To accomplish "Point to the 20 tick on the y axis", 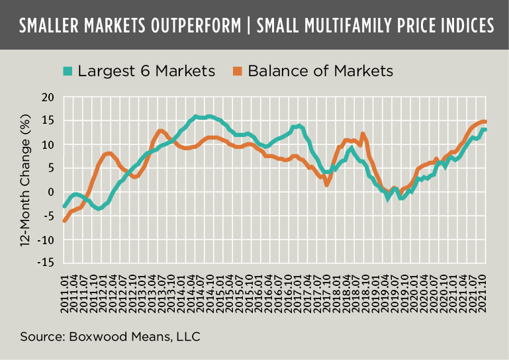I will pyautogui.click(x=48, y=98).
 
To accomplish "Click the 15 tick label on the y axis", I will pyautogui.click(x=48, y=121).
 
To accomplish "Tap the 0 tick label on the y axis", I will pyautogui.click(x=50, y=192).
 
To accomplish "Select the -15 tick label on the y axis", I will pyautogui.click(x=45, y=263).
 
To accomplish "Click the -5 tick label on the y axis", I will pyautogui.click(x=48, y=216).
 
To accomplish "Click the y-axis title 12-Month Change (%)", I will pyautogui.click(x=27, y=179).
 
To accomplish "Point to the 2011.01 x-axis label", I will pyautogui.click(x=64, y=289).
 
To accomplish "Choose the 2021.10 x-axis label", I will pyautogui.click(x=485, y=289).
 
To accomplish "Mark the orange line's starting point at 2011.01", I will pyautogui.click(x=64, y=220).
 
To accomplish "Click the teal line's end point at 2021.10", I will pyautogui.click(x=485, y=129).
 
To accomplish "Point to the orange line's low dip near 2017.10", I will pyautogui.click(x=327, y=185).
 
